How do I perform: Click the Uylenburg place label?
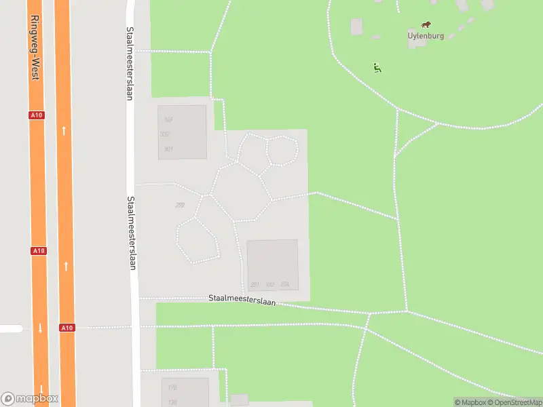click(x=426, y=36)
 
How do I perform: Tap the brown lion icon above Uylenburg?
click(x=426, y=24)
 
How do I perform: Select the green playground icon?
click(x=377, y=67)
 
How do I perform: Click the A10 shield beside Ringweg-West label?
click(x=37, y=115)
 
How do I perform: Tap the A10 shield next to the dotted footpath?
click(x=66, y=328)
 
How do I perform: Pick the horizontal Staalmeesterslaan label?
click(x=242, y=299)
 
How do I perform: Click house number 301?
click(x=168, y=149)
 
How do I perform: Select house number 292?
click(x=180, y=205)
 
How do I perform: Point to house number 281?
click(x=255, y=285)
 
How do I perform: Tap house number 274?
click(x=284, y=285)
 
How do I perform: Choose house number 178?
click(x=172, y=388)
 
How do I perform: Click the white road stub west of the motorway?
click(x=10, y=328)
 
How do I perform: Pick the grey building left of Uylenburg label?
click(x=356, y=26)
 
